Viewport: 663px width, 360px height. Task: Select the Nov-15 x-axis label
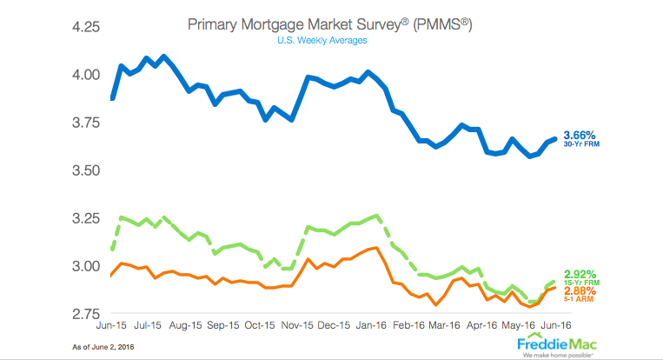coord(297,327)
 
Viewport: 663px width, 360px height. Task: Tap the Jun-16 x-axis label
coord(545,327)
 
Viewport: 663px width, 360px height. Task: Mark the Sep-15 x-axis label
coord(222,327)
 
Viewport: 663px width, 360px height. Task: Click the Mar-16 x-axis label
coord(443,327)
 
